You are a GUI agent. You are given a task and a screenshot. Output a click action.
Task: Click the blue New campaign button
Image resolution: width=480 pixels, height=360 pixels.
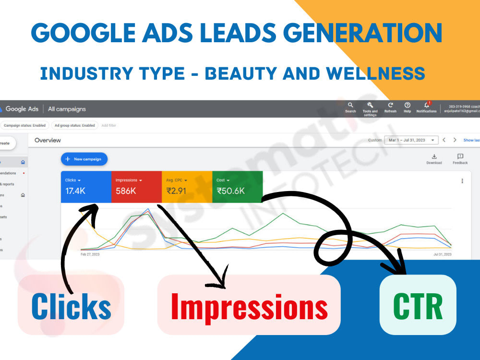pos(84,159)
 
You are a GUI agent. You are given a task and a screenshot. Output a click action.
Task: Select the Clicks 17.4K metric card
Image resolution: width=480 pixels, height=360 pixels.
pos(86,186)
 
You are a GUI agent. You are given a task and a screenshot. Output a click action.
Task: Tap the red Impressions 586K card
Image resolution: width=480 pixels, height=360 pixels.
pos(136,186)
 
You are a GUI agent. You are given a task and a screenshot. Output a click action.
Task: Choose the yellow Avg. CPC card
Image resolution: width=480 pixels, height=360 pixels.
pos(187,186)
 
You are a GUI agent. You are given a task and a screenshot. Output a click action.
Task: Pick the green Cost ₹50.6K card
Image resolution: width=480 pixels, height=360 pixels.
pos(237,186)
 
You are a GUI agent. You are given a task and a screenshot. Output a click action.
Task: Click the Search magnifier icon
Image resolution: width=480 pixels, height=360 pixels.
pos(350,105)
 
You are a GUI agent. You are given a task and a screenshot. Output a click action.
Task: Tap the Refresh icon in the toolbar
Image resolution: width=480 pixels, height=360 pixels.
pos(390,105)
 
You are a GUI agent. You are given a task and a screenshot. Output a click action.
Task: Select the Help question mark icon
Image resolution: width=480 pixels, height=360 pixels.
pos(408,105)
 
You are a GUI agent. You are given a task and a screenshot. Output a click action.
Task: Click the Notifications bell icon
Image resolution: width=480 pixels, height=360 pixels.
pos(426,105)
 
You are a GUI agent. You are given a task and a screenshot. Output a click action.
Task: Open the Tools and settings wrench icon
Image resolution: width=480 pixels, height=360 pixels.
pos(370,105)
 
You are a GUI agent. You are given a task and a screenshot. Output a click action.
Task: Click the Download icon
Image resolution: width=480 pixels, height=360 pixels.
pos(434,156)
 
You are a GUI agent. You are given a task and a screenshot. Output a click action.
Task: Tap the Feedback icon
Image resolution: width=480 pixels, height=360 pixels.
pos(460,156)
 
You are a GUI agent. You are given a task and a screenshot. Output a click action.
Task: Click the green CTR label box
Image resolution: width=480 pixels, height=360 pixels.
pos(418,305)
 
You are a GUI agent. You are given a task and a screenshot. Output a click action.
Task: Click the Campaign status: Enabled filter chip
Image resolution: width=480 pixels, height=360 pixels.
pos(24,125)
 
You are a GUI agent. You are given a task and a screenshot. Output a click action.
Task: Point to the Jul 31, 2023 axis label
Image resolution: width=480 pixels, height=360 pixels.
pos(443,254)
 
